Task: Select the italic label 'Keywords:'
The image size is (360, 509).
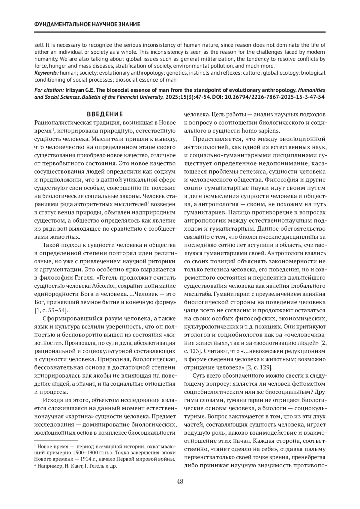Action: tap(47, 73)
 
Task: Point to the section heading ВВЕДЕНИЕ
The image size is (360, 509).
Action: tap(105, 114)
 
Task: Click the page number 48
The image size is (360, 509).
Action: tap(180, 482)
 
